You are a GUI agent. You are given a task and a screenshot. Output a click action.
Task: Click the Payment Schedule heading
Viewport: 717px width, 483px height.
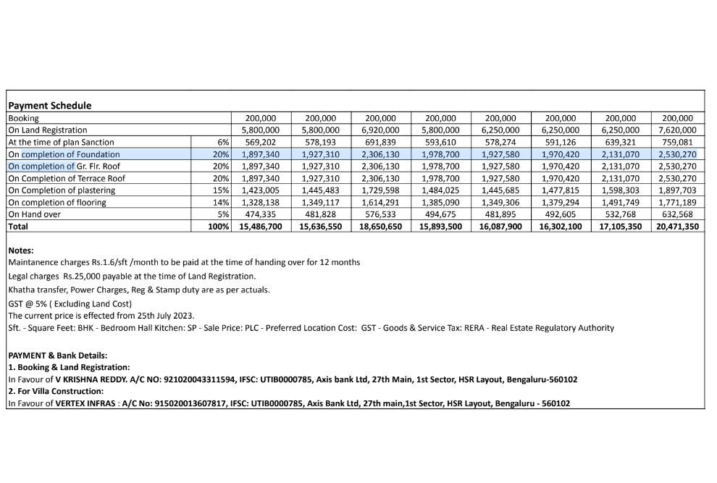click(x=50, y=105)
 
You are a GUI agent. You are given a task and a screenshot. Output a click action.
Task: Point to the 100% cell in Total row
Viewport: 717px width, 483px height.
click(x=219, y=227)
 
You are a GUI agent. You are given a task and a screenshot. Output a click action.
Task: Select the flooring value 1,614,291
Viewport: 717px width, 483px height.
click(x=380, y=203)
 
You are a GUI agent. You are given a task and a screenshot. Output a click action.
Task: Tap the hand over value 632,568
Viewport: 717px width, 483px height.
click(x=677, y=214)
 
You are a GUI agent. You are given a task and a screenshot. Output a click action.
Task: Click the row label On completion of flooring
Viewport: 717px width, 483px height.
click(x=57, y=203)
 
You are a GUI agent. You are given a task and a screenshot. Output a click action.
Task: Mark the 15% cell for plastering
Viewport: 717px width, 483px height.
click(x=221, y=190)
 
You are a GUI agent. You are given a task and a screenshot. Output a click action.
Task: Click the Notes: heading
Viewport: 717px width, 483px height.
click(x=22, y=250)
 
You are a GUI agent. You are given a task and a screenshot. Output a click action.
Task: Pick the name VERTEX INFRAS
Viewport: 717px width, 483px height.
click(x=87, y=404)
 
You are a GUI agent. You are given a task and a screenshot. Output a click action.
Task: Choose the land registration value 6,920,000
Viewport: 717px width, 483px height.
click(x=380, y=130)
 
